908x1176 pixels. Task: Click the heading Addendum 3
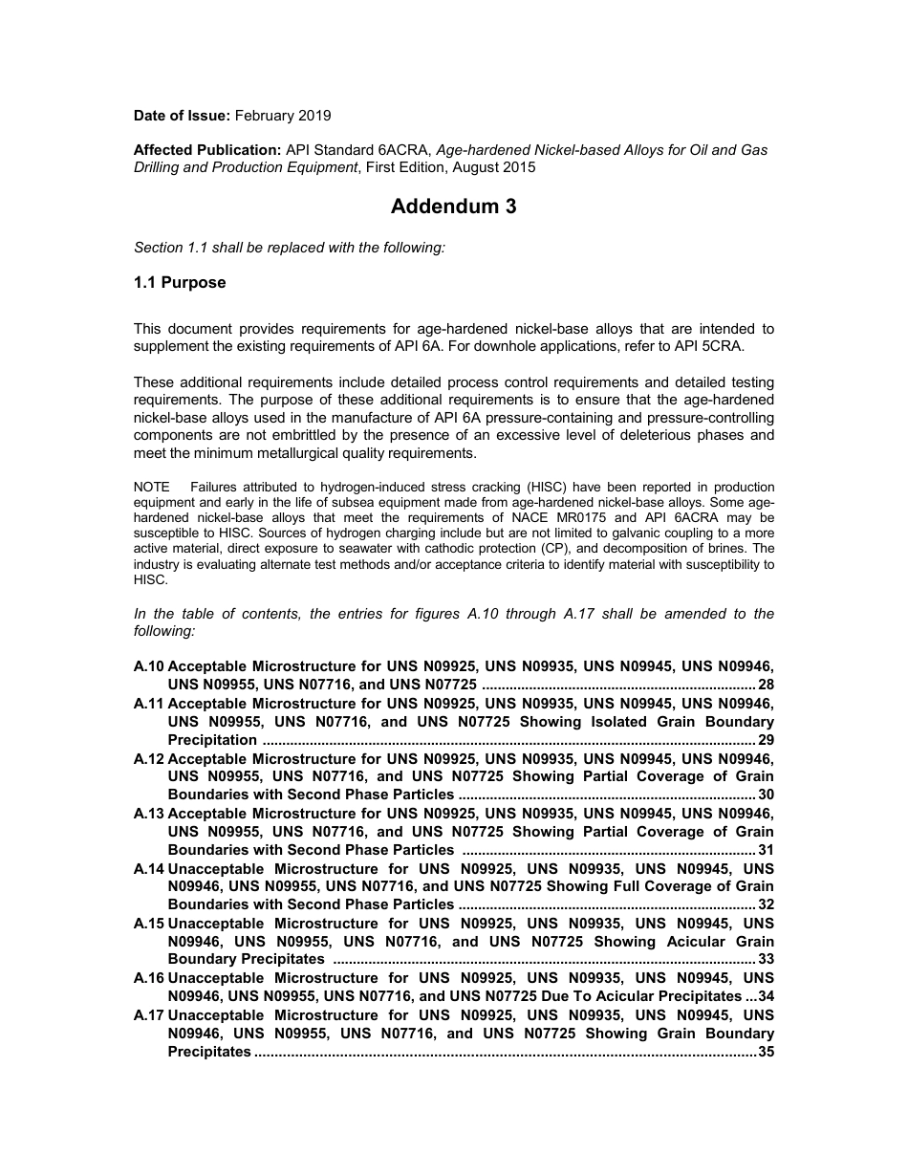[453, 207]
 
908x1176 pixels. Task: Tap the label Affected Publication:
[206, 150]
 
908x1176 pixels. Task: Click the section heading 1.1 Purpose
[180, 282]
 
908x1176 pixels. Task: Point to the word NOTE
[151, 488]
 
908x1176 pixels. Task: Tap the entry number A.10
[149, 666]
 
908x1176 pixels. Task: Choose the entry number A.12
[149, 758]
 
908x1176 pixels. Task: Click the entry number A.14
[149, 868]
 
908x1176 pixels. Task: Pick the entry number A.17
[149, 1014]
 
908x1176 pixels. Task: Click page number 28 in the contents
[766, 685]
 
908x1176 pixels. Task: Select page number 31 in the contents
[766, 850]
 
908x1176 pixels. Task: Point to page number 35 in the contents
[766, 1052]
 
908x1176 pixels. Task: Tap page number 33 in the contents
[766, 959]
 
